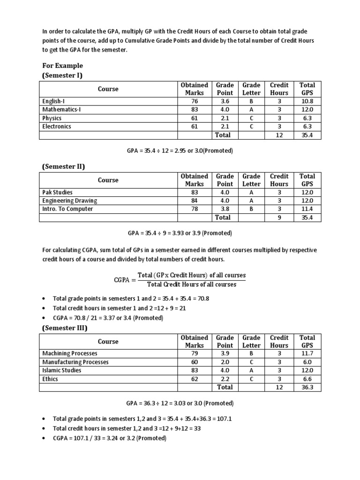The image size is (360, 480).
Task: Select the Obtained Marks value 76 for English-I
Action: pos(195,101)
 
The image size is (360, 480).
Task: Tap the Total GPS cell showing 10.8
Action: pos(307,101)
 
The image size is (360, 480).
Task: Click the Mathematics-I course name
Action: pos(61,109)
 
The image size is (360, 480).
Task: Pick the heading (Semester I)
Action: pos(63,75)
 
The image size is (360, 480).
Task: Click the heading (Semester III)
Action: pos(65,328)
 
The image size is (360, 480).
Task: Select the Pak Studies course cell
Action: pos(57,192)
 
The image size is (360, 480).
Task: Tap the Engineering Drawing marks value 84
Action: pos(195,201)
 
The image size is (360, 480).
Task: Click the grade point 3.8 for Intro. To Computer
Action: pos(225,209)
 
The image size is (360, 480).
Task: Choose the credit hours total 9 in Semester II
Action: pos(279,217)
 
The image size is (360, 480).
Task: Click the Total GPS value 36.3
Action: pos(307,388)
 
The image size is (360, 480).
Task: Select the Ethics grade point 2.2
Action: pos(225,379)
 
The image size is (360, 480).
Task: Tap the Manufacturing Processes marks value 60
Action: pos(195,362)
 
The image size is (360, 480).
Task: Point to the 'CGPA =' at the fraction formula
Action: pos(124,280)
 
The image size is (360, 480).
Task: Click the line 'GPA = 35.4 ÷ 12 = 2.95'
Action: pos(180,151)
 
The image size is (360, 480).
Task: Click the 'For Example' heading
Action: pos(62,66)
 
